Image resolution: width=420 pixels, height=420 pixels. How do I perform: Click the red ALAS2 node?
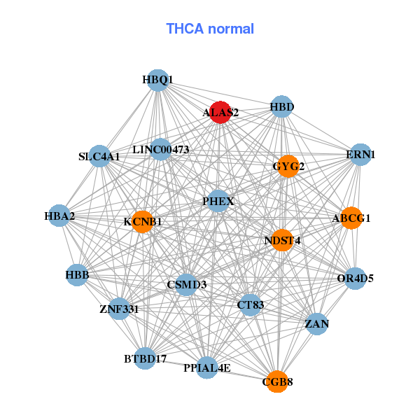(220, 112)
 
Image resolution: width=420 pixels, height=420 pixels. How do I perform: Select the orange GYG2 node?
(288, 167)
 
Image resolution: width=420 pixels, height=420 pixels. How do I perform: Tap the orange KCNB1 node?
(142, 222)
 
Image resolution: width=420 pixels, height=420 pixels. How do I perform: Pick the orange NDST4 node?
(282, 241)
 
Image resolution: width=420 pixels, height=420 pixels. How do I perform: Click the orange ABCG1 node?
(351, 218)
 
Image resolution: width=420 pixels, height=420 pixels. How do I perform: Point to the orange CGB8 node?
(277, 381)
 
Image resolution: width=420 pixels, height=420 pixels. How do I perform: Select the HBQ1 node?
(158, 80)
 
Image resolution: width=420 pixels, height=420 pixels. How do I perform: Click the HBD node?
(281, 107)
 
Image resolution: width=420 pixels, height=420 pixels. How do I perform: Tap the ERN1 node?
(360, 155)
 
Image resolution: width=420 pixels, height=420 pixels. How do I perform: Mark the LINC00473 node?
(161, 149)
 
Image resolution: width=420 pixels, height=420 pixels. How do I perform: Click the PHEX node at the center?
(218, 202)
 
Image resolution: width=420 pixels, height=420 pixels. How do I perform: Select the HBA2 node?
(59, 216)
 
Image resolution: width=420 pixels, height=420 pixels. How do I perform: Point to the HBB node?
(77, 275)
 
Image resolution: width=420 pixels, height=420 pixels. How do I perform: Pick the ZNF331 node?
(119, 309)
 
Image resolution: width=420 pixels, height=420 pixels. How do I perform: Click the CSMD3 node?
(186, 285)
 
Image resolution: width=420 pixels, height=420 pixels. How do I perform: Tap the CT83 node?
(251, 304)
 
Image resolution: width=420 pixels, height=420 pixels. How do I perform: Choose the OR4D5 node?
(355, 279)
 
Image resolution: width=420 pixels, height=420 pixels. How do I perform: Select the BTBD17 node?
(145, 359)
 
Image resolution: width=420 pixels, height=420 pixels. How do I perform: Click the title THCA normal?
(210, 29)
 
